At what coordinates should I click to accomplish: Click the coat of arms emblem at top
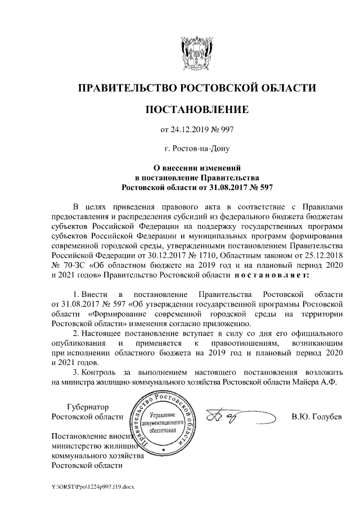tap(196, 50)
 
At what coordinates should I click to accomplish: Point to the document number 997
tap(226, 130)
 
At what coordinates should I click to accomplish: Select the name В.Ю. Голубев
tap(317, 417)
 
